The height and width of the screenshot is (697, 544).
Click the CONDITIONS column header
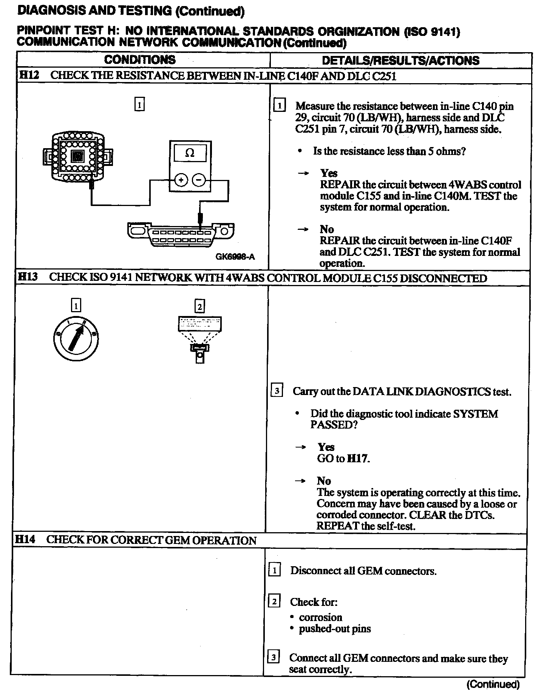coord(140,60)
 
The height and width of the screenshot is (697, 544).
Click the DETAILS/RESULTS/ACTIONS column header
coord(400,60)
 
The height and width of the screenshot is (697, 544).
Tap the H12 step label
coord(29,75)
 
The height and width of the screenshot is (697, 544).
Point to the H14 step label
coord(25,539)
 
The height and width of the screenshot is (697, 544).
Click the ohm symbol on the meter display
coord(190,153)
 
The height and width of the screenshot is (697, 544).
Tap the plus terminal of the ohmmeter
coord(181,180)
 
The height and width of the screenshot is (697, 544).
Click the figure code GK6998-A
coord(235,257)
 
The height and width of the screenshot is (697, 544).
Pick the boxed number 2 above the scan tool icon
coord(199,306)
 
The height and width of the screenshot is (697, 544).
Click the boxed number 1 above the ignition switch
coord(76,305)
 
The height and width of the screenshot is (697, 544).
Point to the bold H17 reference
coord(357,459)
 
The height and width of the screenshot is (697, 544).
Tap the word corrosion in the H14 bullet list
coord(320,617)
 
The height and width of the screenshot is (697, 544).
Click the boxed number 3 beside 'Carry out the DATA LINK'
coord(277,390)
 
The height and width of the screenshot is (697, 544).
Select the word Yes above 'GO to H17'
coord(326,447)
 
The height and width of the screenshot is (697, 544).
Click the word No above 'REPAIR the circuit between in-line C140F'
coord(327,229)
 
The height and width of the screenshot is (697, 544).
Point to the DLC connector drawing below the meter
coord(181,235)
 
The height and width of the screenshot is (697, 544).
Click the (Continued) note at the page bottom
coord(493,684)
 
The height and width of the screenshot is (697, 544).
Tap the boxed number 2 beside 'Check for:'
coord(274,601)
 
